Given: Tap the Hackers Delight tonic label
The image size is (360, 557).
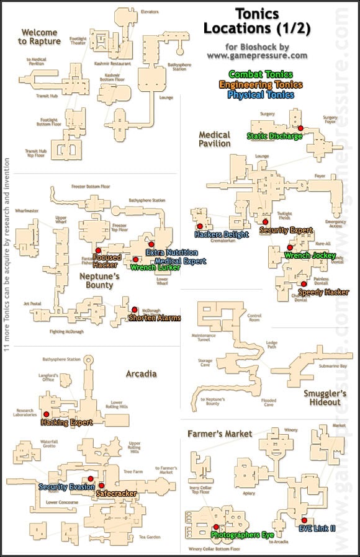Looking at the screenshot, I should (x=222, y=234).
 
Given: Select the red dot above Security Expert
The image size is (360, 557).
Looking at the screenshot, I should (x=265, y=221).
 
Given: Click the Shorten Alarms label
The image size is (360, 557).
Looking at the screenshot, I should (x=155, y=318).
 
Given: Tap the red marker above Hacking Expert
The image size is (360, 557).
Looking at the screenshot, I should (x=47, y=414).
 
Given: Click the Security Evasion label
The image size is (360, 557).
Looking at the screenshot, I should (x=66, y=487).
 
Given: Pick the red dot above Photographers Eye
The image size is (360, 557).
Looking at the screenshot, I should (x=215, y=526).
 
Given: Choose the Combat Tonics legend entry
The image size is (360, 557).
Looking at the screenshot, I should (x=260, y=74).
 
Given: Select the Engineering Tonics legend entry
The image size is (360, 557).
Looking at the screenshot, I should (x=260, y=84).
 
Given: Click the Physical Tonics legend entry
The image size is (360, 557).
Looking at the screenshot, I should (x=260, y=95).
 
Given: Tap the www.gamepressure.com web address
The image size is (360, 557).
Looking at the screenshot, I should (x=257, y=55).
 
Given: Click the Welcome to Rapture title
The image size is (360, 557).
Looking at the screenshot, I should (x=39, y=37).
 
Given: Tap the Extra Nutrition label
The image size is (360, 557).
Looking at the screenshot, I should (x=171, y=252).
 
